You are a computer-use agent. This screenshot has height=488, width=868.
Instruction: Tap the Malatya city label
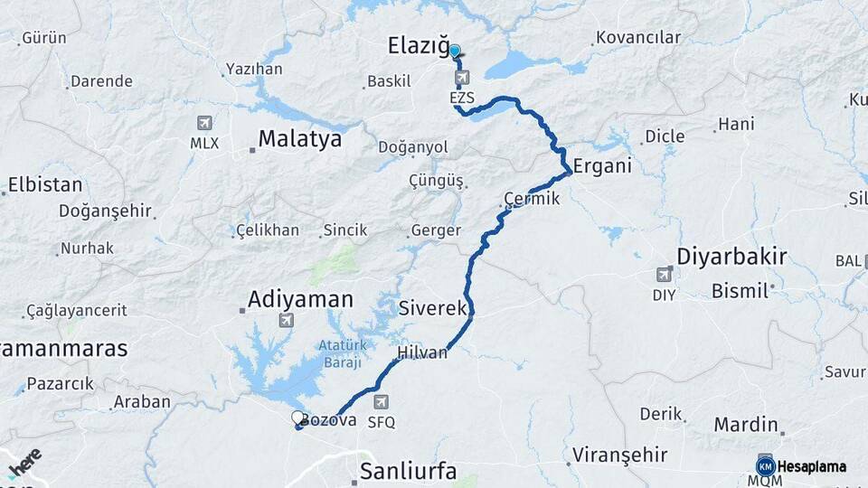[299, 139]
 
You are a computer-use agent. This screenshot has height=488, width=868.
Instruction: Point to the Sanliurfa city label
[407, 471]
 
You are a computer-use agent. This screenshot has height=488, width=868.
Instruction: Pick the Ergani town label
[601, 167]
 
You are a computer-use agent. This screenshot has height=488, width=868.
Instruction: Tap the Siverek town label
[431, 308]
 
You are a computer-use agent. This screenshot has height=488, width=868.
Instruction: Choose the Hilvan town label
[421, 352]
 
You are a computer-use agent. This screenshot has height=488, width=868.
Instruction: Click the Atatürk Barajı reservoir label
[340, 352]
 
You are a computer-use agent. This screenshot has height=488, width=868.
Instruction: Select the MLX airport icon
[204, 124]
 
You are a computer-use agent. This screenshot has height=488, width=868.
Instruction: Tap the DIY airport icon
[664, 274]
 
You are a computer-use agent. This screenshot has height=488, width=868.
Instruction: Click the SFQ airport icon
[381, 402]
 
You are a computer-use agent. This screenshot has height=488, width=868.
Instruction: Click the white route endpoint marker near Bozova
[297, 418]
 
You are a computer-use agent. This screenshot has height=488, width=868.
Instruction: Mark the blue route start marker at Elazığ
[455, 52]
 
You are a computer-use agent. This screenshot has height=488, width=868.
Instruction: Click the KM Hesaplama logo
[801, 466]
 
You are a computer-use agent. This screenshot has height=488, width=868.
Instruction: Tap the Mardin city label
[746, 424]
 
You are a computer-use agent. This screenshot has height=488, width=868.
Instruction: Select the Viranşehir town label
[620, 454]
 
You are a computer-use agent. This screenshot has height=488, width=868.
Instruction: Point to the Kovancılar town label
[637, 37]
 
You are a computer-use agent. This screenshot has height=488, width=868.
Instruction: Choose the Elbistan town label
[45, 184]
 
